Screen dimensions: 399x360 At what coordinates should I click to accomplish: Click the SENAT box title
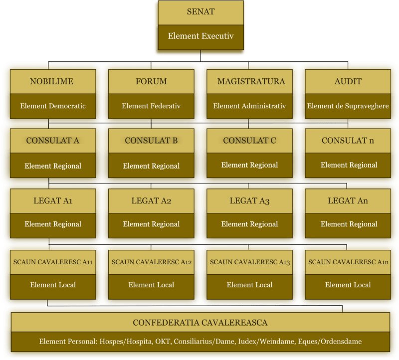pyautogui.click(x=201, y=11)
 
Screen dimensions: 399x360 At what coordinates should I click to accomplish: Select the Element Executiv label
pyautogui.click(x=201, y=36)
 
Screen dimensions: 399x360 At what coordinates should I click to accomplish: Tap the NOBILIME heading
pyautogui.click(x=52, y=81)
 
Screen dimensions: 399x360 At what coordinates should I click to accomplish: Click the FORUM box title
pyautogui.click(x=151, y=81)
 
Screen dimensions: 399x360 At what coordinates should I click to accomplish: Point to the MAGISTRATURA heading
pyautogui.click(x=251, y=81)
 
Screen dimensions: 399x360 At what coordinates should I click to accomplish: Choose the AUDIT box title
pyautogui.click(x=348, y=81)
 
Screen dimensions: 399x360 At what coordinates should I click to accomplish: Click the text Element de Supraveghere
pyautogui.click(x=348, y=106)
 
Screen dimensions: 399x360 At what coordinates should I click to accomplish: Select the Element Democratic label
pyautogui.click(x=53, y=106)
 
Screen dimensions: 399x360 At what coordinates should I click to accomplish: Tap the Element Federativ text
pyautogui.click(x=151, y=106)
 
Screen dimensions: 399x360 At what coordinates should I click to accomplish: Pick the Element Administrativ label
pyautogui.click(x=250, y=106)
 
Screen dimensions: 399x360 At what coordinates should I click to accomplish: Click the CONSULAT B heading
pyautogui.click(x=151, y=141)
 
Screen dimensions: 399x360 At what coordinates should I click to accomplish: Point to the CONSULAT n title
pyautogui.click(x=348, y=141)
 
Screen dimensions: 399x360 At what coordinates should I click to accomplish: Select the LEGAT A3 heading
pyautogui.click(x=250, y=201)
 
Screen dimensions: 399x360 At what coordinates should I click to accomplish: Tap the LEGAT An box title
pyautogui.click(x=348, y=201)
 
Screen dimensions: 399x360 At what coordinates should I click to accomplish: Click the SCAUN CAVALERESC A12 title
pyautogui.click(x=152, y=262)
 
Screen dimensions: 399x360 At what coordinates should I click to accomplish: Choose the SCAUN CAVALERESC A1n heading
pyautogui.click(x=348, y=262)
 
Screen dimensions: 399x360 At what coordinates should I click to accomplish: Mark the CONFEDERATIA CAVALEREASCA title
pyautogui.click(x=200, y=323)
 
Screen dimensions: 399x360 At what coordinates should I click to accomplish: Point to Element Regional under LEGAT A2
pyautogui.click(x=151, y=224)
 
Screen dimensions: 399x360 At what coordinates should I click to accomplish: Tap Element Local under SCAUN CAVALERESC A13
pyautogui.click(x=250, y=285)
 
